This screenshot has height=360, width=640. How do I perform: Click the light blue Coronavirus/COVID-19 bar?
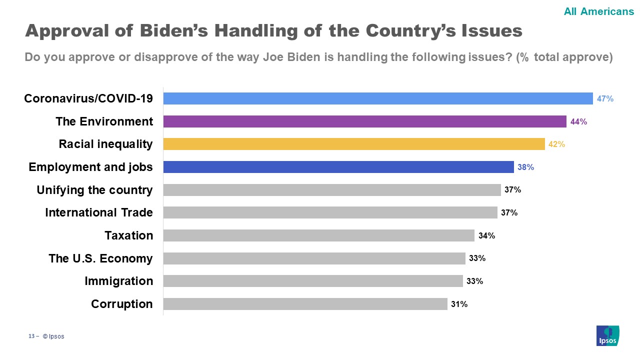tap(377, 98)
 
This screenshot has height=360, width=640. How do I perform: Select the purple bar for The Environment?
tap(364, 121)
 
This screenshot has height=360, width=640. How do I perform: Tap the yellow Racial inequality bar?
tap(353, 144)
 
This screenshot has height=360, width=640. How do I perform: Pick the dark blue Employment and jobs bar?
tap(338, 167)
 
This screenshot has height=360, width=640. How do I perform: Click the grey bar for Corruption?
tap(305, 304)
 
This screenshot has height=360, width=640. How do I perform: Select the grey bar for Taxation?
tap(318, 235)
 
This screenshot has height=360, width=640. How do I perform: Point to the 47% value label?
tap(605, 99)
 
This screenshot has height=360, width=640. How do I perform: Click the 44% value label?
tap(578, 121)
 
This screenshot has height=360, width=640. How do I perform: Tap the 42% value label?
tap(556, 144)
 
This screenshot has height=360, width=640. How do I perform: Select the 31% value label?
tap(459, 304)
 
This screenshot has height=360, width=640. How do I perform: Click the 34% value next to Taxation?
tap(486, 235)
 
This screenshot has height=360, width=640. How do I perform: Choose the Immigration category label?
tap(119, 281)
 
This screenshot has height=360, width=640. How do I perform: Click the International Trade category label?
tap(99, 212)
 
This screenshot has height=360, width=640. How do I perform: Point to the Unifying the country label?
tap(95, 190)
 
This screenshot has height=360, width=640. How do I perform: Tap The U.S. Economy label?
tap(100, 258)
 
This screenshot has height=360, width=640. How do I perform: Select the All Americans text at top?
tap(598, 11)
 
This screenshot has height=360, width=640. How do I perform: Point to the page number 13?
tap(31, 336)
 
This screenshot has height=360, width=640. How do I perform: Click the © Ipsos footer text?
tap(53, 336)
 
